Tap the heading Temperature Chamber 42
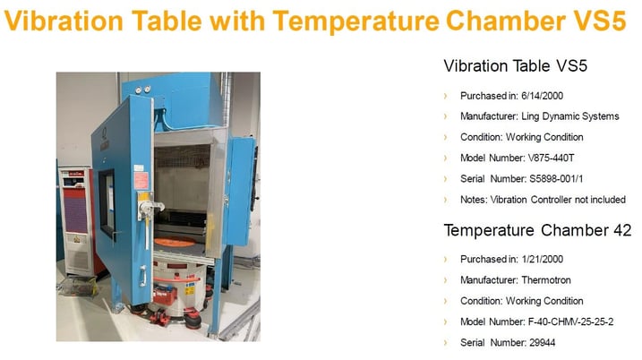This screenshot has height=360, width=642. (x=537, y=230)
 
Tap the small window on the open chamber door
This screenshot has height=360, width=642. (x=107, y=202)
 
